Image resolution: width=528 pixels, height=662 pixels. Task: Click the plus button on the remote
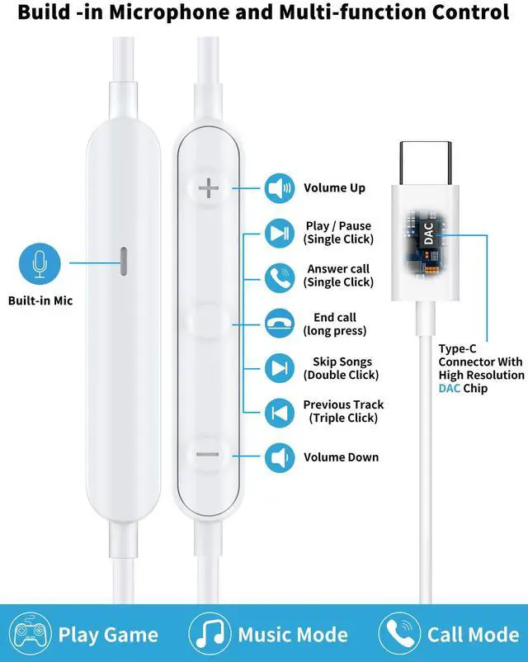point(209,189)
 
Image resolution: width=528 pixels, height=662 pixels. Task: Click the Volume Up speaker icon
point(279,188)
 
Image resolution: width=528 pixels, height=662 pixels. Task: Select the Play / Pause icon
point(279,233)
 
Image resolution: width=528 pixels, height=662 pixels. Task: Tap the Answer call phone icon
point(279,276)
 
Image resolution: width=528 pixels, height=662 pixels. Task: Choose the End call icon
point(279,323)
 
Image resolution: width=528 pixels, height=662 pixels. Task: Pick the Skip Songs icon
point(279,367)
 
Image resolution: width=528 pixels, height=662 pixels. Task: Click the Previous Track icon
point(279,411)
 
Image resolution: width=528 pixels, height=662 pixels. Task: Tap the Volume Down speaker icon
point(279,456)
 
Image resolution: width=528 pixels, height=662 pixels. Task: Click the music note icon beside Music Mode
point(210,634)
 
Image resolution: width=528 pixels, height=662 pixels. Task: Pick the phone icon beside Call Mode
point(399,634)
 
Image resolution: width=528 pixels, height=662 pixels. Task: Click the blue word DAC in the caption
point(450,388)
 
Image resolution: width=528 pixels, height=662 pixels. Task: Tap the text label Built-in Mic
point(40,300)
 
